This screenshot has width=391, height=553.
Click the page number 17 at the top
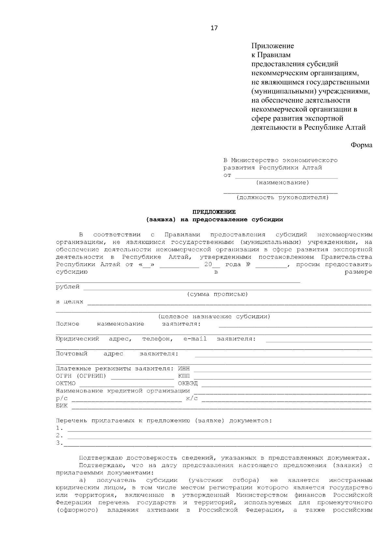[214, 28]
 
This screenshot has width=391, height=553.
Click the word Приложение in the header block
[272, 46]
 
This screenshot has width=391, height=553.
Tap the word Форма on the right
[361, 145]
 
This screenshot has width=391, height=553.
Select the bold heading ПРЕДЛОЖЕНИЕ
[214, 212]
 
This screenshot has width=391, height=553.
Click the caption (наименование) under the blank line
[282, 183]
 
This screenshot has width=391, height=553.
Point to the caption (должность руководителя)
[282, 197]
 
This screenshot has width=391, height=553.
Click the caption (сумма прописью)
[217, 294]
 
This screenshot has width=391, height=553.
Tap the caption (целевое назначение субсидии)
[214, 317]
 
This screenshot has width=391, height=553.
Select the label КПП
[184, 376]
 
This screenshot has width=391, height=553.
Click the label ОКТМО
[65, 384]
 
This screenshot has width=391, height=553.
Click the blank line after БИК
[221, 406]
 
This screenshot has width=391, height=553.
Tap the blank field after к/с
[286, 399]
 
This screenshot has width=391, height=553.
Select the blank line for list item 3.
[218, 444]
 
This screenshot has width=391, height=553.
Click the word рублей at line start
[68, 287]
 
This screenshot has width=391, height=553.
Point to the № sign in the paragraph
[248, 264]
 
